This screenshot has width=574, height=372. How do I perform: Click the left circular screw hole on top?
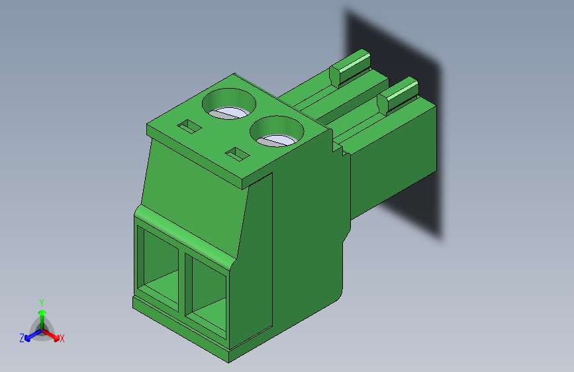click(229, 105)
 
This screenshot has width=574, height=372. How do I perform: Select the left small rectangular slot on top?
click(189, 125)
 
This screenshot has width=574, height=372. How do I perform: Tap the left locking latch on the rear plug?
click(352, 67)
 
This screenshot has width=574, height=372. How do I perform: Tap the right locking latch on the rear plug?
click(399, 93)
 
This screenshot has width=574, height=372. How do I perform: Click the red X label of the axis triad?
click(62, 339)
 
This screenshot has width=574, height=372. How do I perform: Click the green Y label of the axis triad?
click(41, 302)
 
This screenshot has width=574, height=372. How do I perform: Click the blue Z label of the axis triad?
click(22, 338)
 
